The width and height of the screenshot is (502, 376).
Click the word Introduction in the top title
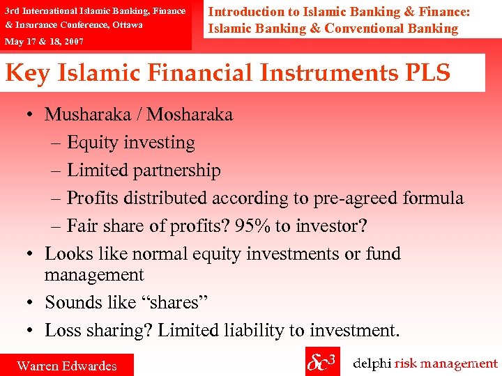pyautogui.click(x=246, y=12)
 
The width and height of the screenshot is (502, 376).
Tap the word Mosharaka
pyautogui.click(x=190, y=114)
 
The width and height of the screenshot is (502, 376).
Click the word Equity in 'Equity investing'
pyautogui.click(x=93, y=143)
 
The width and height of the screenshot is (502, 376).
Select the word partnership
pyautogui.click(x=178, y=171)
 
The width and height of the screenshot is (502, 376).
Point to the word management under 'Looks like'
pyautogui.click(x=94, y=275)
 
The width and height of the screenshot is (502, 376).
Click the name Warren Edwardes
pyautogui.click(x=67, y=366)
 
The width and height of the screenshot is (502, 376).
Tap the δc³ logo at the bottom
pyautogui.click(x=321, y=363)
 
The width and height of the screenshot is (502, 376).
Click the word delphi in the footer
pyautogui.click(x=372, y=363)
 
